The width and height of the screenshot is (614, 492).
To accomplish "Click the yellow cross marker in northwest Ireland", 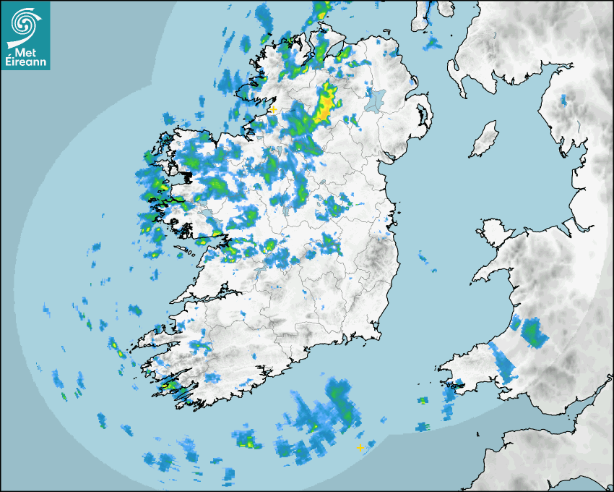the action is click(x=273, y=109).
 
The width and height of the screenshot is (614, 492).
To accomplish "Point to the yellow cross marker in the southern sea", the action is click(x=360, y=448).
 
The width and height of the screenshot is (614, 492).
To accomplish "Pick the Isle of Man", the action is click(x=485, y=139).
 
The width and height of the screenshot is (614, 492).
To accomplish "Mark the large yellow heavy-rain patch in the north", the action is click(x=326, y=103).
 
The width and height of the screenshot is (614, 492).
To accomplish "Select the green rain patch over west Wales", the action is click(x=533, y=332).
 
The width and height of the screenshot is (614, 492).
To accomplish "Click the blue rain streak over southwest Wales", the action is click(x=504, y=362).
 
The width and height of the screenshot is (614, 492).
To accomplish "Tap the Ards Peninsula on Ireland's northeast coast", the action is click(x=425, y=116).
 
